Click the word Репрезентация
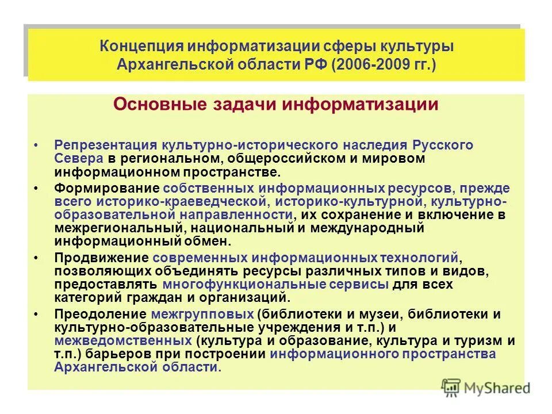[x=106, y=145]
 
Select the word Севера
[x=79, y=158]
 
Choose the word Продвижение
[x=102, y=258]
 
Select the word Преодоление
[x=101, y=315]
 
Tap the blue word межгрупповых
[x=203, y=315]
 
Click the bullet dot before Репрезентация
[x=36, y=145]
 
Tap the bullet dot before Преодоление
[x=36, y=315]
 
